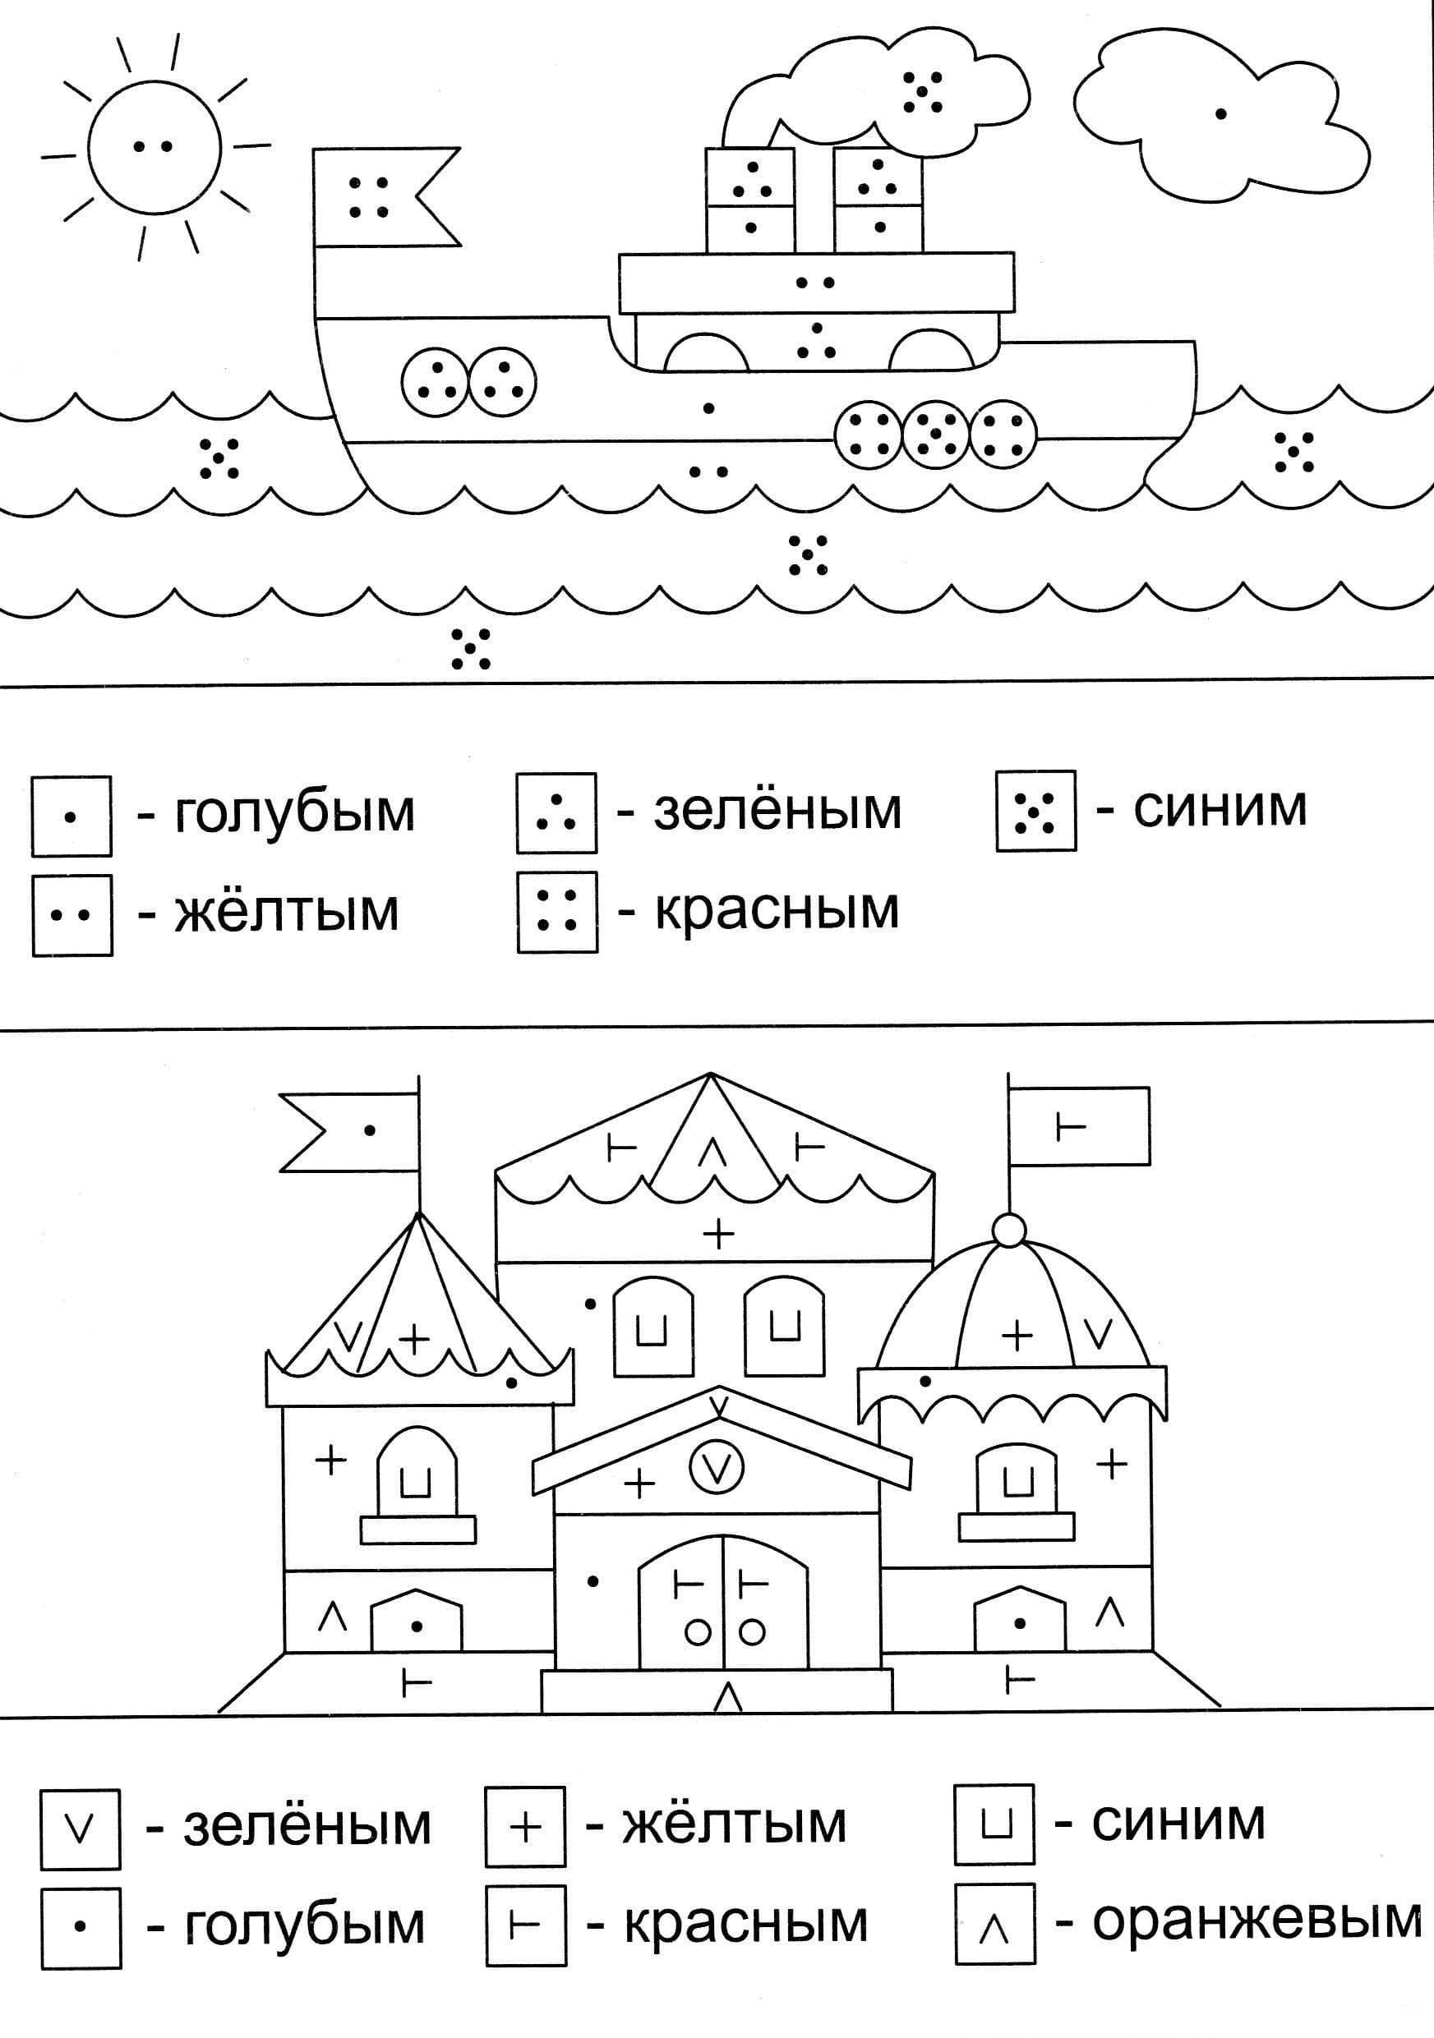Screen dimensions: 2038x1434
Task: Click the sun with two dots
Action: (x=153, y=147)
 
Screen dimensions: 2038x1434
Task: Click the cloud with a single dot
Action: (x=1220, y=115)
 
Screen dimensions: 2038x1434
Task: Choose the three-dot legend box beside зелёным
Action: (x=556, y=812)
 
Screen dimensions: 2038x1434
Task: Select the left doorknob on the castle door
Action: (x=697, y=1631)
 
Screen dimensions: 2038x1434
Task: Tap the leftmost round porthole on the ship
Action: (x=434, y=381)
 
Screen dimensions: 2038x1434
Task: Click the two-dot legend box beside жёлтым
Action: (x=72, y=914)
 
